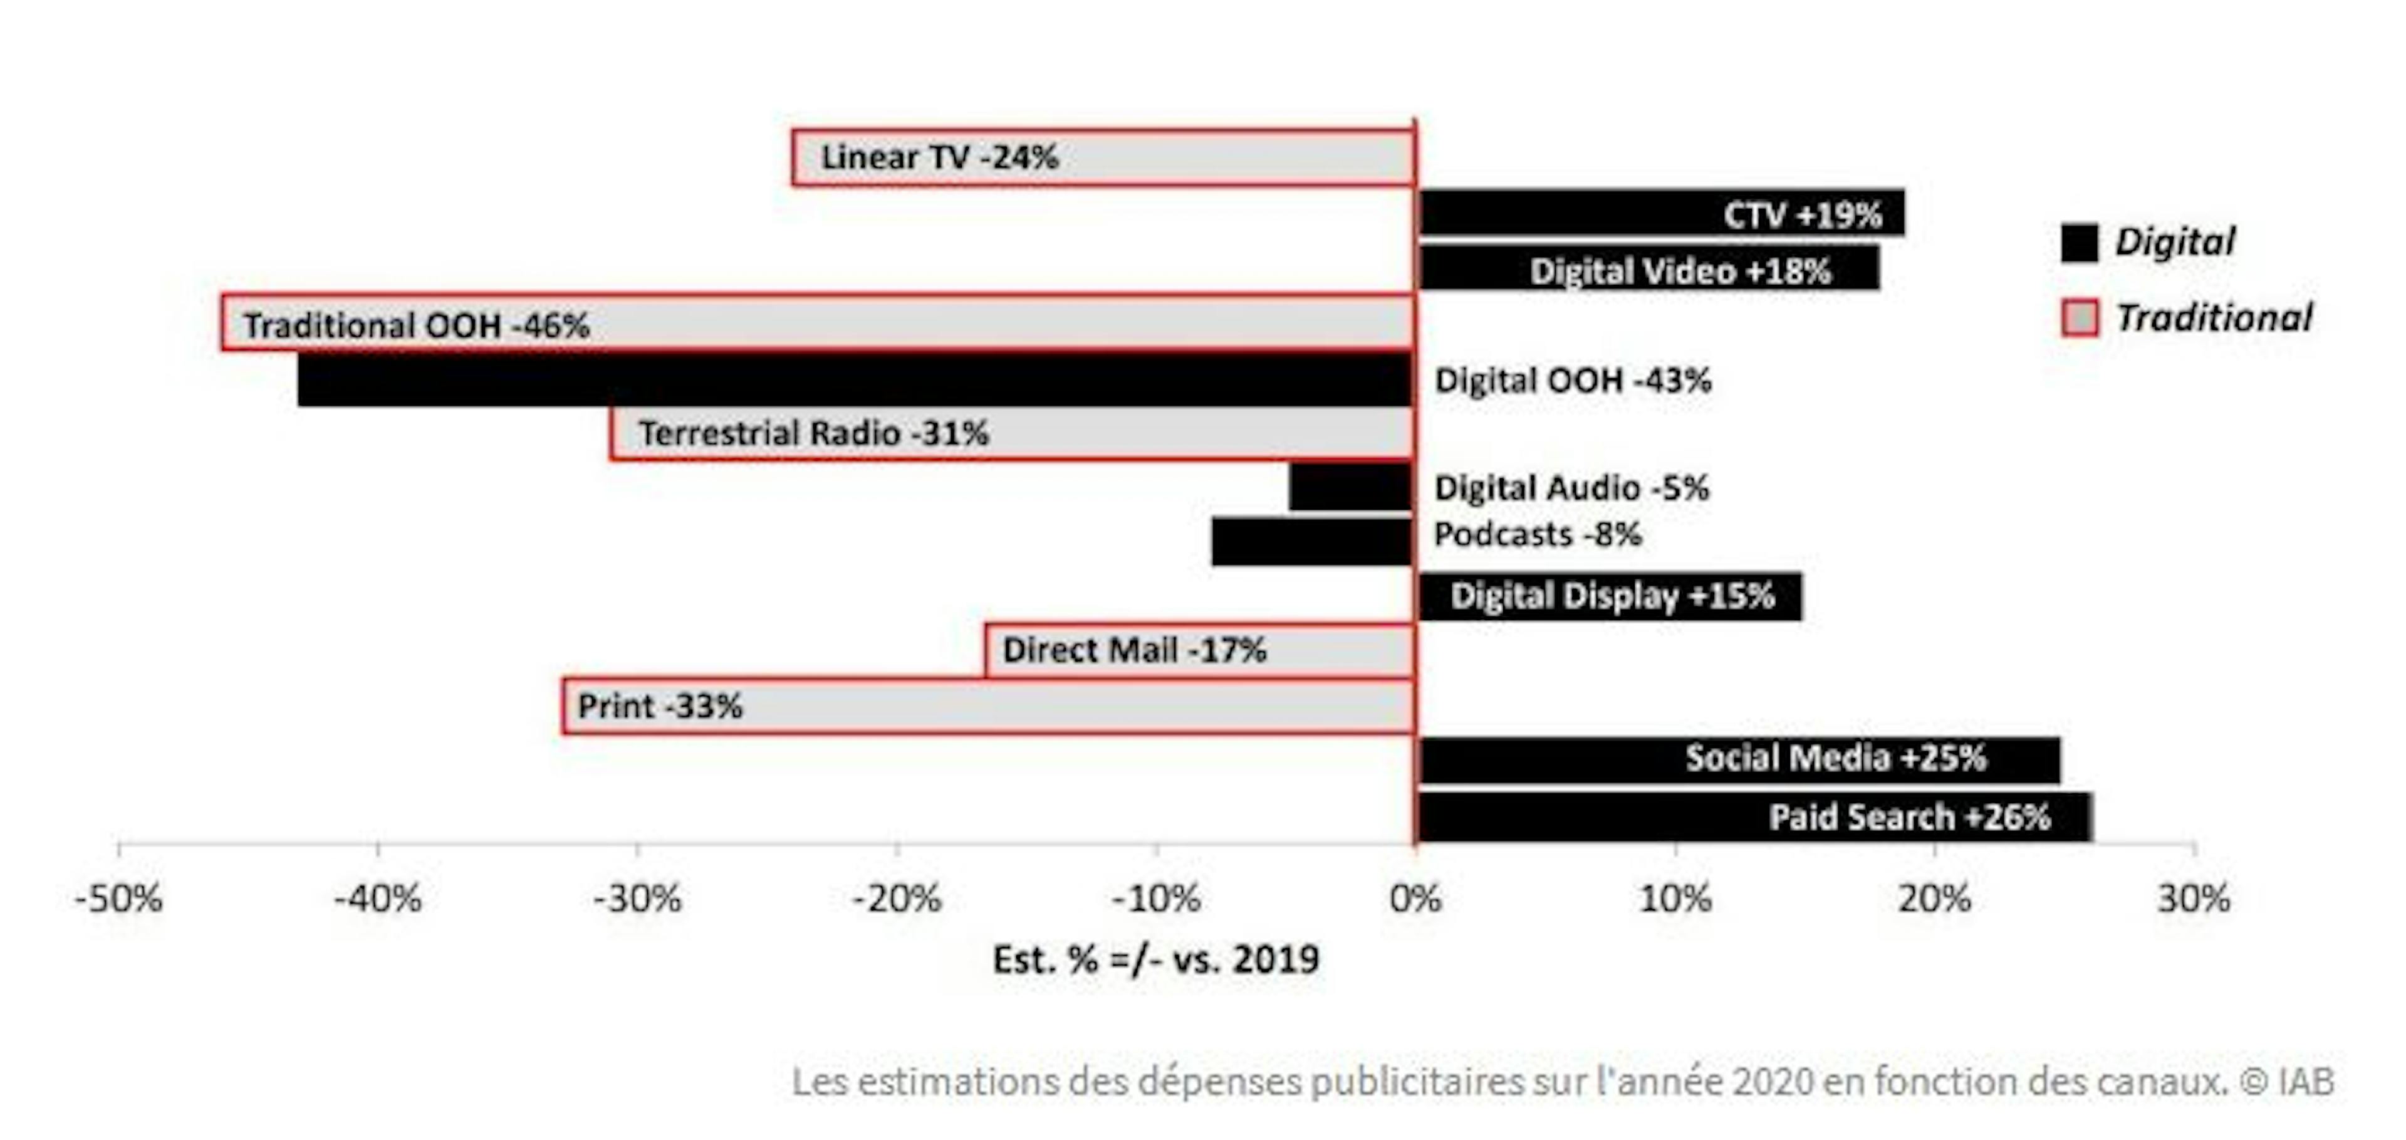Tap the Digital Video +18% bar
1648,269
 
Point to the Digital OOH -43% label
1573,380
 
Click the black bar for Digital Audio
1351,487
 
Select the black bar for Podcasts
1311,542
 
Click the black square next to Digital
2079,243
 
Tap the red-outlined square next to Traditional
2079,318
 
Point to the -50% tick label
118,899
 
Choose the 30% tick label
2193,899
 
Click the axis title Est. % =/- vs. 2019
1155,959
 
